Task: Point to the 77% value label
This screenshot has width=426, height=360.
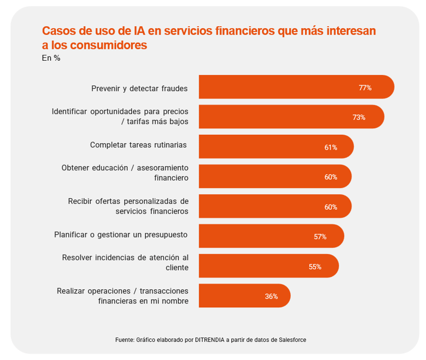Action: (365, 88)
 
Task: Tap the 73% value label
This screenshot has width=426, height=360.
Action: (359, 117)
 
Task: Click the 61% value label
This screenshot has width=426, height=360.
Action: (331, 148)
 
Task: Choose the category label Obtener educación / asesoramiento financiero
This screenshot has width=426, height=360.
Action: (125, 173)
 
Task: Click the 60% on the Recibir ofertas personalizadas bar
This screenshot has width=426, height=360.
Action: (331, 207)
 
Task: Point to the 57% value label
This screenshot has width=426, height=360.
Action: (320, 237)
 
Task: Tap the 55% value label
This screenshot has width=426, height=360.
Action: (315, 267)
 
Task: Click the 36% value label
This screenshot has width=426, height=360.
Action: (271, 297)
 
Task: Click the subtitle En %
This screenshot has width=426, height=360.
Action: (51, 58)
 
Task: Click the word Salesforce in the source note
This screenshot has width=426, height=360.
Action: (292, 340)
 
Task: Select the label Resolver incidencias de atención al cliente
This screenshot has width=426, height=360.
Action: (125, 262)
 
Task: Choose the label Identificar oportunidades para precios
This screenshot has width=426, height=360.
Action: (120, 112)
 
